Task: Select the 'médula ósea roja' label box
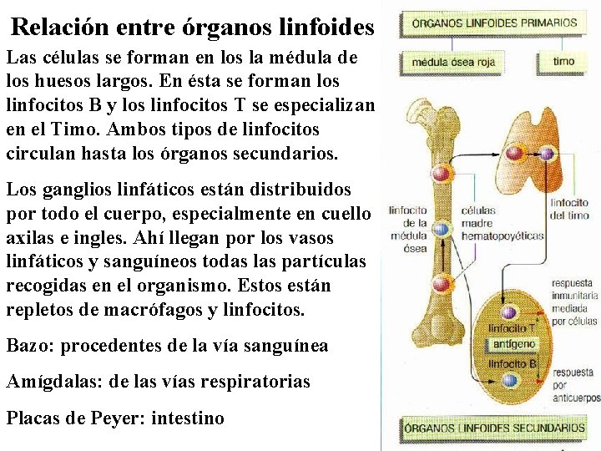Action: click(452, 62)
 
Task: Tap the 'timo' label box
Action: click(563, 62)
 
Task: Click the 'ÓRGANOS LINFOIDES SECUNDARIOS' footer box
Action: click(494, 428)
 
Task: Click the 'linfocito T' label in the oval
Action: click(511, 328)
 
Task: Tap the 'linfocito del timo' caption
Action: click(569, 209)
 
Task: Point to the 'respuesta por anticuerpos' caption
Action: click(574, 385)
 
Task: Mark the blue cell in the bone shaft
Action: click(442, 228)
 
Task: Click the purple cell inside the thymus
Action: click(547, 153)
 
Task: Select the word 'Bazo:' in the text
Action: click(30, 345)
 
